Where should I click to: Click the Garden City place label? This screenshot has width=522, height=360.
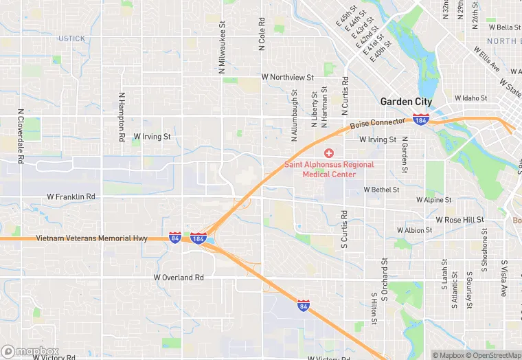(407, 102)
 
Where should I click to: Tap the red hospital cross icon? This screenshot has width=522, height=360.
(329, 153)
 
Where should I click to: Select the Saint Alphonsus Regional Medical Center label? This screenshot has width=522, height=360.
(330, 169)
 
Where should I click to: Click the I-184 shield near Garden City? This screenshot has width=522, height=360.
(422, 120)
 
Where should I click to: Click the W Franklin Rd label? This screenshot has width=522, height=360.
(71, 196)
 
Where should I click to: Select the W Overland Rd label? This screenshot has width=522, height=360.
(179, 278)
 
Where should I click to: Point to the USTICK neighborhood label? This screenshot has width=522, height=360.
(71, 38)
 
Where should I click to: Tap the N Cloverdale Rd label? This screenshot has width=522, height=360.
(21, 136)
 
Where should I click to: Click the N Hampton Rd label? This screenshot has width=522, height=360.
(122, 117)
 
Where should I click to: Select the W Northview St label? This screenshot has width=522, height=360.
(287, 78)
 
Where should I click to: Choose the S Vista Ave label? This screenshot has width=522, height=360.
(503, 278)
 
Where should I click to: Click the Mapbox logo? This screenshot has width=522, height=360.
(30, 352)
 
